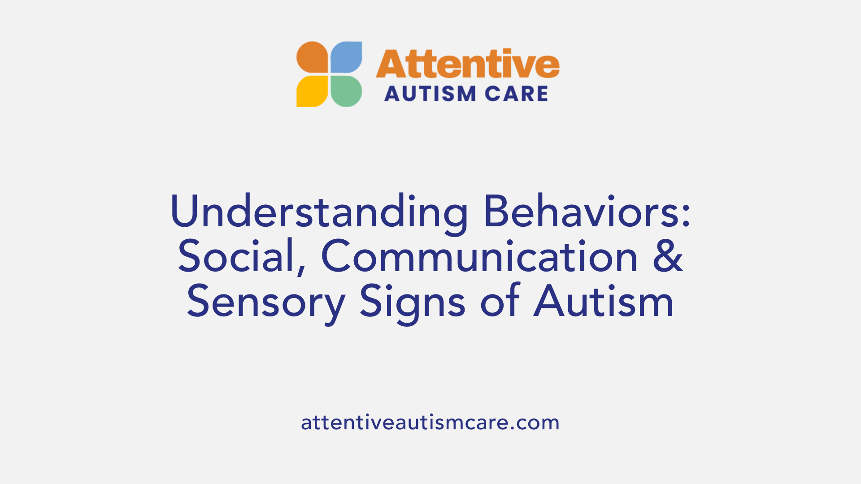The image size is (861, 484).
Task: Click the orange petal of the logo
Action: [312, 57]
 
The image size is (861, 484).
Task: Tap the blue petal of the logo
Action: [346, 57]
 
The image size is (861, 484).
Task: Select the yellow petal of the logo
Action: [312, 91]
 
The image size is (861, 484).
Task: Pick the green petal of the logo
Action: [346, 91]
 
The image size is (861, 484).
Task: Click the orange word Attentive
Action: [467, 64]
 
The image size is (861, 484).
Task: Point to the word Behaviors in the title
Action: [581, 212]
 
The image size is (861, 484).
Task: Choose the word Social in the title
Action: [236, 256]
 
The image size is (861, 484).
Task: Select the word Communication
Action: [479, 256]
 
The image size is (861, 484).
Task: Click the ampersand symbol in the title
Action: [668, 256]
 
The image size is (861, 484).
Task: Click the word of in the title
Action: [500, 301]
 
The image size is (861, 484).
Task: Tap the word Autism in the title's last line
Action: [604, 301]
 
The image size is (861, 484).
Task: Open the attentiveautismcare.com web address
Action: [430, 422]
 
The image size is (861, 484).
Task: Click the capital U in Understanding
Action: [184, 212]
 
